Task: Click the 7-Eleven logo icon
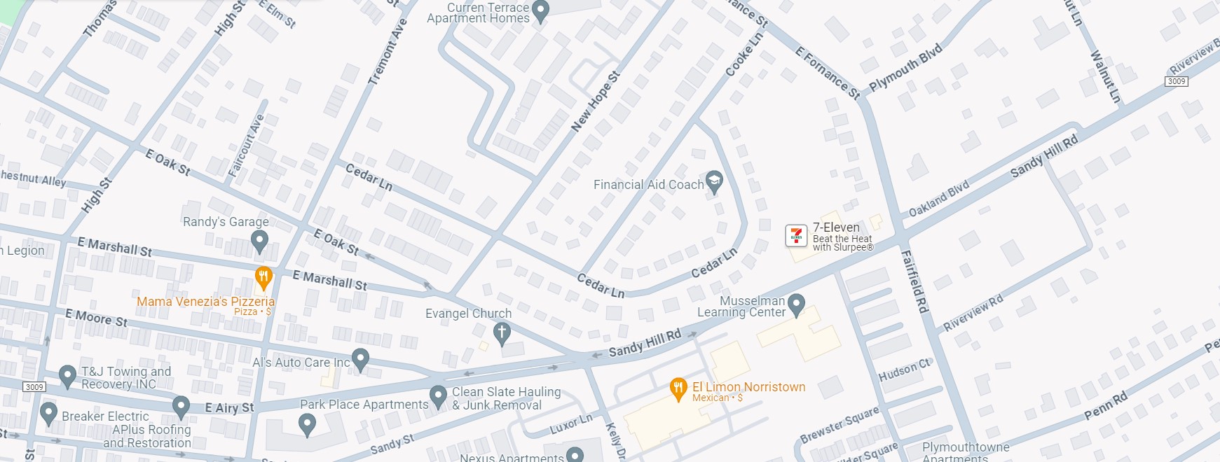click(x=796, y=236)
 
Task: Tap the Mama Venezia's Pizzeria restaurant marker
click(x=263, y=278)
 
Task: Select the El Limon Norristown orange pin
click(x=678, y=389)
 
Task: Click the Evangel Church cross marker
click(x=502, y=333)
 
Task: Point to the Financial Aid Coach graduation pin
click(x=714, y=182)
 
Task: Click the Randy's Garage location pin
click(x=259, y=241)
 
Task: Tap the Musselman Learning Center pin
click(x=796, y=304)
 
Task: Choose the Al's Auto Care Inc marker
click(x=360, y=360)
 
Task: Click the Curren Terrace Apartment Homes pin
click(x=540, y=10)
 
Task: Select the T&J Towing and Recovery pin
click(x=67, y=376)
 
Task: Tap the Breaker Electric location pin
click(x=48, y=413)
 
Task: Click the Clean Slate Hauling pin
click(x=438, y=396)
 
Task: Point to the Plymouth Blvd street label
click(x=905, y=68)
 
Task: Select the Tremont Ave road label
click(x=388, y=52)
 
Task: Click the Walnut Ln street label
click(x=1106, y=76)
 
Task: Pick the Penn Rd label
click(x=1106, y=406)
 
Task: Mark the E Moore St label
click(x=97, y=318)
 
